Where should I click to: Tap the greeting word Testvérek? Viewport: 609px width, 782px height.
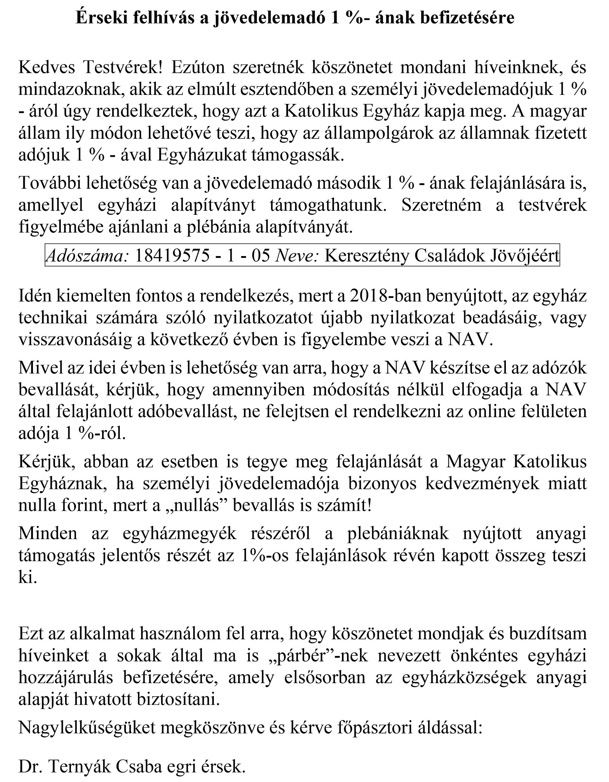point(123,68)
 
